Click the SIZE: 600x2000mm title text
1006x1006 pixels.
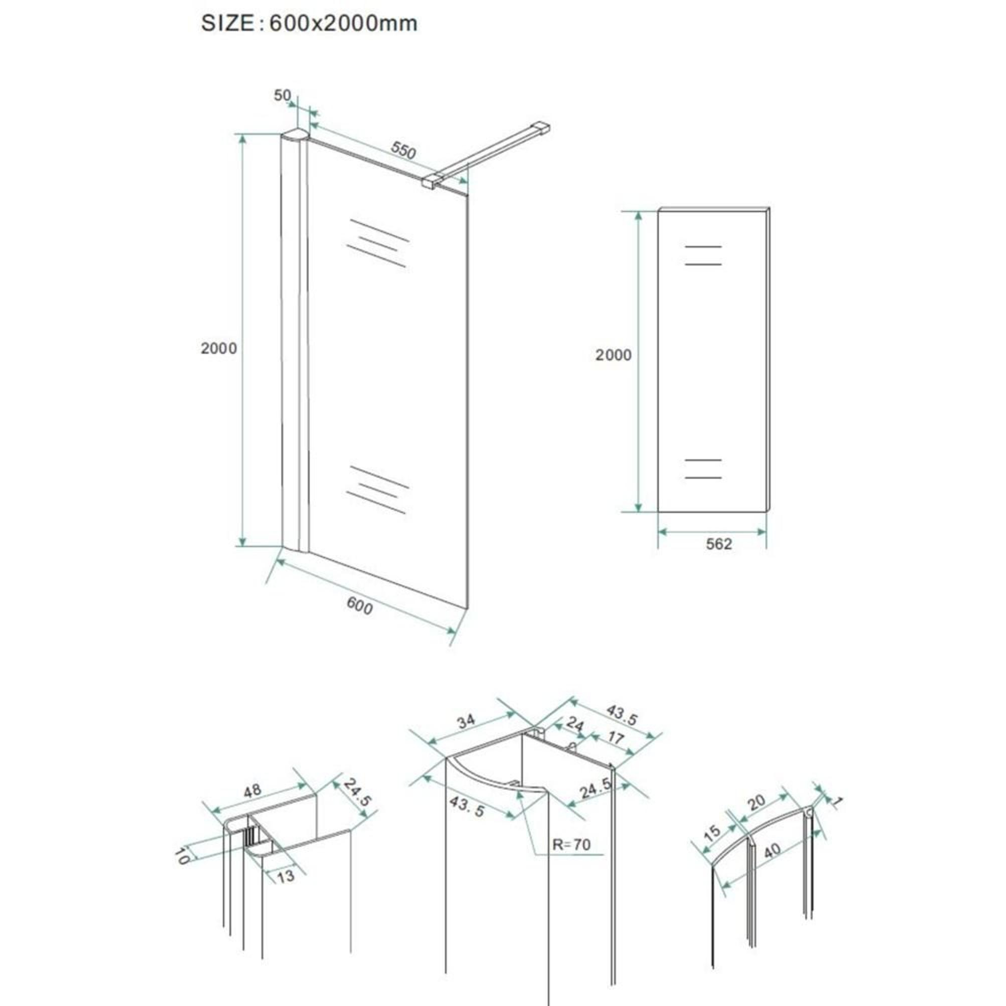coord(309,24)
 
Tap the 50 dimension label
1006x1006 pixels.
coord(282,95)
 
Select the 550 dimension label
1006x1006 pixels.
coord(403,150)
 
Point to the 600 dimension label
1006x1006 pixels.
coord(360,606)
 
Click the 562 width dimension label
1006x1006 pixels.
coord(719,544)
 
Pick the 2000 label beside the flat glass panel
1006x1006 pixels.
coord(613,355)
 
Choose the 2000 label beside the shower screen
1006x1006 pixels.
coord(219,349)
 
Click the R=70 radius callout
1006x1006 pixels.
coord(571,844)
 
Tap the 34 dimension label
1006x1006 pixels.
coord(466,722)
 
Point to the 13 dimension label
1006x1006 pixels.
coord(285,876)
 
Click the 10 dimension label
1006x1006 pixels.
coord(182,856)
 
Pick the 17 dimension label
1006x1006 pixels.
coord(616,737)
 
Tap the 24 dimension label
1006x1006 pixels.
coord(575,724)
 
